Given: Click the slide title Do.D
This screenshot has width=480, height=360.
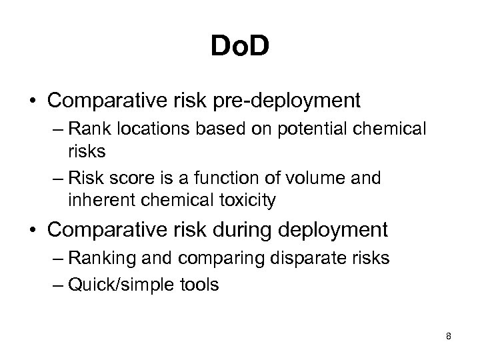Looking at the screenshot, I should coord(239,47).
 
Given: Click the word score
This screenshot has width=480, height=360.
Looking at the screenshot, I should coord(141,178).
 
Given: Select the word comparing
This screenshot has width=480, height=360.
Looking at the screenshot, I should coord(203,258).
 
